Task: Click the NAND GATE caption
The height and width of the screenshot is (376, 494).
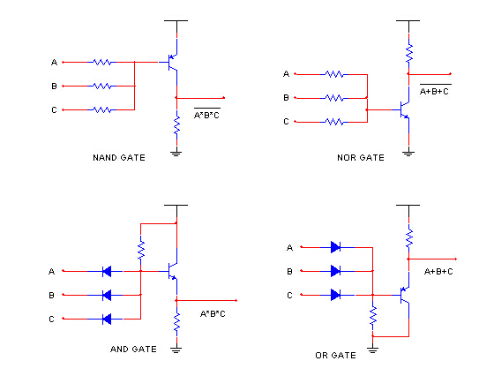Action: (x=118, y=158)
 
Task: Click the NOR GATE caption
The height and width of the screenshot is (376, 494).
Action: (x=360, y=158)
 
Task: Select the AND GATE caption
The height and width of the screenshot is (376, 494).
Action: (x=133, y=349)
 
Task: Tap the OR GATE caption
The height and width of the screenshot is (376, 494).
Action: (x=335, y=356)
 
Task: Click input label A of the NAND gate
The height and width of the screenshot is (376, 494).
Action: (x=54, y=63)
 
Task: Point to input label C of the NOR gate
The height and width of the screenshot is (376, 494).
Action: (x=285, y=122)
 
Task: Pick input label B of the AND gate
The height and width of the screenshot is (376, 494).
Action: (x=51, y=295)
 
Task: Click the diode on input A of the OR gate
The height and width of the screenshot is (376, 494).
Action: (x=335, y=247)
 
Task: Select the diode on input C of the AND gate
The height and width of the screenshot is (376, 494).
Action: (x=107, y=319)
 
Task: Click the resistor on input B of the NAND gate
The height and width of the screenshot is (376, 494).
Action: (x=102, y=86)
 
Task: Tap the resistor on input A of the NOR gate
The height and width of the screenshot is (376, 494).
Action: (x=335, y=74)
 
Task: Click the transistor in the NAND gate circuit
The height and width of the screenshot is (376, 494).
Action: (x=173, y=62)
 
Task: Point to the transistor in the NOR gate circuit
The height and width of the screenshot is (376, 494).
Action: (x=403, y=109)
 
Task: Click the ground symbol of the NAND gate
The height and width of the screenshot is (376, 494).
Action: (x=176, y=152)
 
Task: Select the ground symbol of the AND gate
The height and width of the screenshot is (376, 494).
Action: (x=176, y=349)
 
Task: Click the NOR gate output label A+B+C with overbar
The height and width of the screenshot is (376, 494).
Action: (x=434, y=90)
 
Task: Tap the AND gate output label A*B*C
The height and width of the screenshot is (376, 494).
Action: (x=213, y=314)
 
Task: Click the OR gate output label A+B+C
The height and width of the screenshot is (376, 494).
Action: (x=438, y=271)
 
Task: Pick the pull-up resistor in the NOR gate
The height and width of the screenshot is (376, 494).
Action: (x=408, y=54)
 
